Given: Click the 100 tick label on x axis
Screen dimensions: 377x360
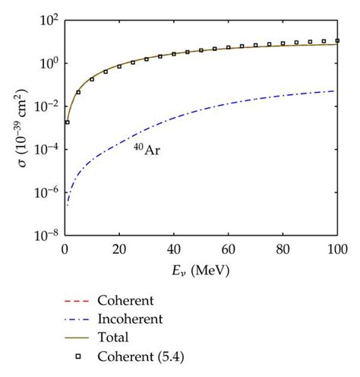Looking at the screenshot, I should (x=337, y=249).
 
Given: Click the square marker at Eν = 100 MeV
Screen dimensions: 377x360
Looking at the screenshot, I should (x=337, y=41).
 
